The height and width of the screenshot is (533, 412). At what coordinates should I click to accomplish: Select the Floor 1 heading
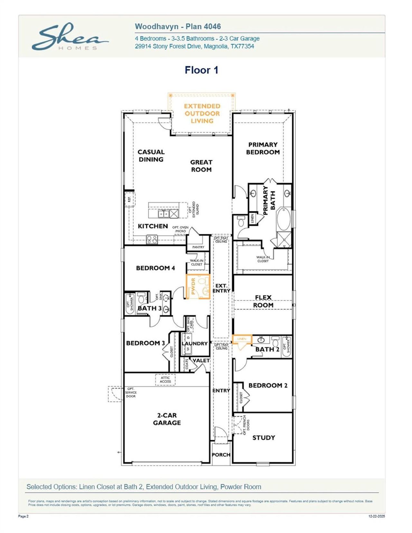[201, 70]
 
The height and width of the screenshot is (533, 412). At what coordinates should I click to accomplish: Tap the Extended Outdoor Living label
[202, 114]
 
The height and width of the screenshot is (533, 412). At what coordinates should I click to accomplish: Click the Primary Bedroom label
[263, 148]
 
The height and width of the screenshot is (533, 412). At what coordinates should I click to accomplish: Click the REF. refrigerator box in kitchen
[129, 199]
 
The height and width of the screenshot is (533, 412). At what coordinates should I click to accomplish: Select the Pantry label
[198, 247]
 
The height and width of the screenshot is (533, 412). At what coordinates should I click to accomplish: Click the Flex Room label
[263, 301]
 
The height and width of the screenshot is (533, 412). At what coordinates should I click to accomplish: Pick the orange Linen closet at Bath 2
[242, 339]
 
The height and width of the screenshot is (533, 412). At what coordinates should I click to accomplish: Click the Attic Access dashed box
[165, 380]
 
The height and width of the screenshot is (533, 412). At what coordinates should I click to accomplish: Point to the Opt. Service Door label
[131, 393]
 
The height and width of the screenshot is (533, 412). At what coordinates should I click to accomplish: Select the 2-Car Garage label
[167, 419]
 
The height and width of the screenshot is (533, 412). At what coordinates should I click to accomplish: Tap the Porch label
[221, 455]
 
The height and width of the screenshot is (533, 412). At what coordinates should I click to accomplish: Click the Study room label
[264, 438]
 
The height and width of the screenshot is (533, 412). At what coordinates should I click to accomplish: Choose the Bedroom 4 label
[155, 268]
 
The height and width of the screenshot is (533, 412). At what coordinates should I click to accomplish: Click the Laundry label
[195, 343]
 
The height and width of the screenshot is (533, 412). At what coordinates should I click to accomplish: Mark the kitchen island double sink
[163, 213]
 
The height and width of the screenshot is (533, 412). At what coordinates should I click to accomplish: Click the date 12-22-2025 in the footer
[376, 516]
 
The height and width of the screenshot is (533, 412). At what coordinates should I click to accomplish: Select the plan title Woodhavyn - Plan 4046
[178, 27]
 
